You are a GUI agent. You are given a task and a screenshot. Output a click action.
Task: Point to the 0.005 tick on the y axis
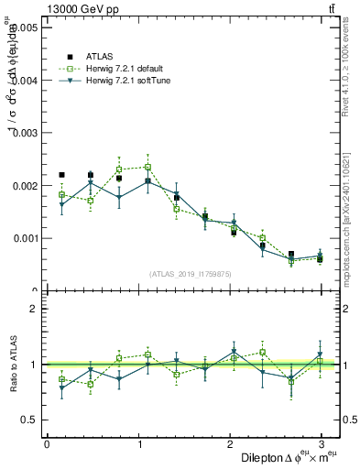click(23, 27)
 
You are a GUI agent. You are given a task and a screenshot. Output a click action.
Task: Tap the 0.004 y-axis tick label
click(23, 81)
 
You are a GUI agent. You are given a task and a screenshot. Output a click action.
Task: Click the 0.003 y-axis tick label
click(23, 133)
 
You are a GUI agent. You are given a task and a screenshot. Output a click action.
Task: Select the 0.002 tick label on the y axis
click(23, 186)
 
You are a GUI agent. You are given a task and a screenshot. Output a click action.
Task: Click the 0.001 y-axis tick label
click(23, 238)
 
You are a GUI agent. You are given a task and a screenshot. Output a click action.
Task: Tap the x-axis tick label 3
click(321, 443)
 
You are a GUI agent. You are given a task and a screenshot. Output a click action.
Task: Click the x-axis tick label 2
click(229, 443)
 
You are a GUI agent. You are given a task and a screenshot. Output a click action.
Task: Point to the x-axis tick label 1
click(138, 443)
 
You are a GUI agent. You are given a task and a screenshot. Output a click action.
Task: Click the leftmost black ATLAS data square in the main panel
click(61, 174)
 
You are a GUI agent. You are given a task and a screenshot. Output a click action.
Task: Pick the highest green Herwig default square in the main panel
click(147, 167)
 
